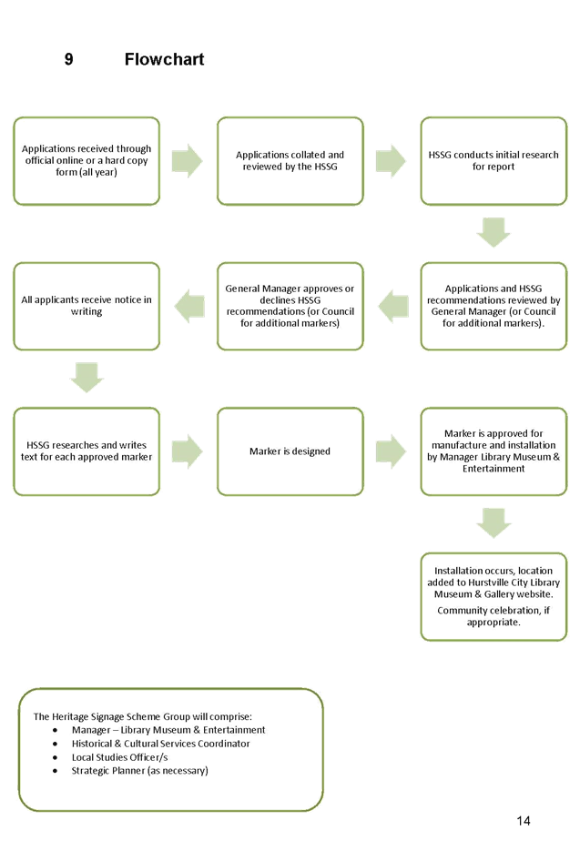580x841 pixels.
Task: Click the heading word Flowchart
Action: click(x=165, y=60)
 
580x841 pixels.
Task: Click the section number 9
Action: click(x=69, y=60)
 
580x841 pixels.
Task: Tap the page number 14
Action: click(x=523, y=820)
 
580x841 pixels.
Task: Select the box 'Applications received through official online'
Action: click(x=87, y=161)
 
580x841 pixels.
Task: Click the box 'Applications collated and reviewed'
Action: click(x=290, y=161)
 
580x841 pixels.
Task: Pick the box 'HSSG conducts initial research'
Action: click(x=494, y=161)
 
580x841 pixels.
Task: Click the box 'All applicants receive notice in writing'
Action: click(x=87, y=306)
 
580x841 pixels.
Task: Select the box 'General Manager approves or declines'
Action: click(x=290, y=306)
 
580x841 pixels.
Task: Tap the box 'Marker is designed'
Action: click(x=290, y=451)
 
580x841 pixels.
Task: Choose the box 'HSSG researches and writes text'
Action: click(x=87, y=451)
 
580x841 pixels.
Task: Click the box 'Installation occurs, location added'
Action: click(x=494, y=596)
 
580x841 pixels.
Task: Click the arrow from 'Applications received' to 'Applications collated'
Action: click(x=188, y=161)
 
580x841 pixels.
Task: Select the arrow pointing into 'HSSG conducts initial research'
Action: click(x=392, y=161)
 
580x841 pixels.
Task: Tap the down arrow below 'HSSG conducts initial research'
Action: click(x=494, y=233)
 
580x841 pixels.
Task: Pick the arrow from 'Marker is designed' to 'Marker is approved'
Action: click(x=392, y=451)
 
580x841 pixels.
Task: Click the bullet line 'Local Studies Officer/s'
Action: click(x=120, y=756)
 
